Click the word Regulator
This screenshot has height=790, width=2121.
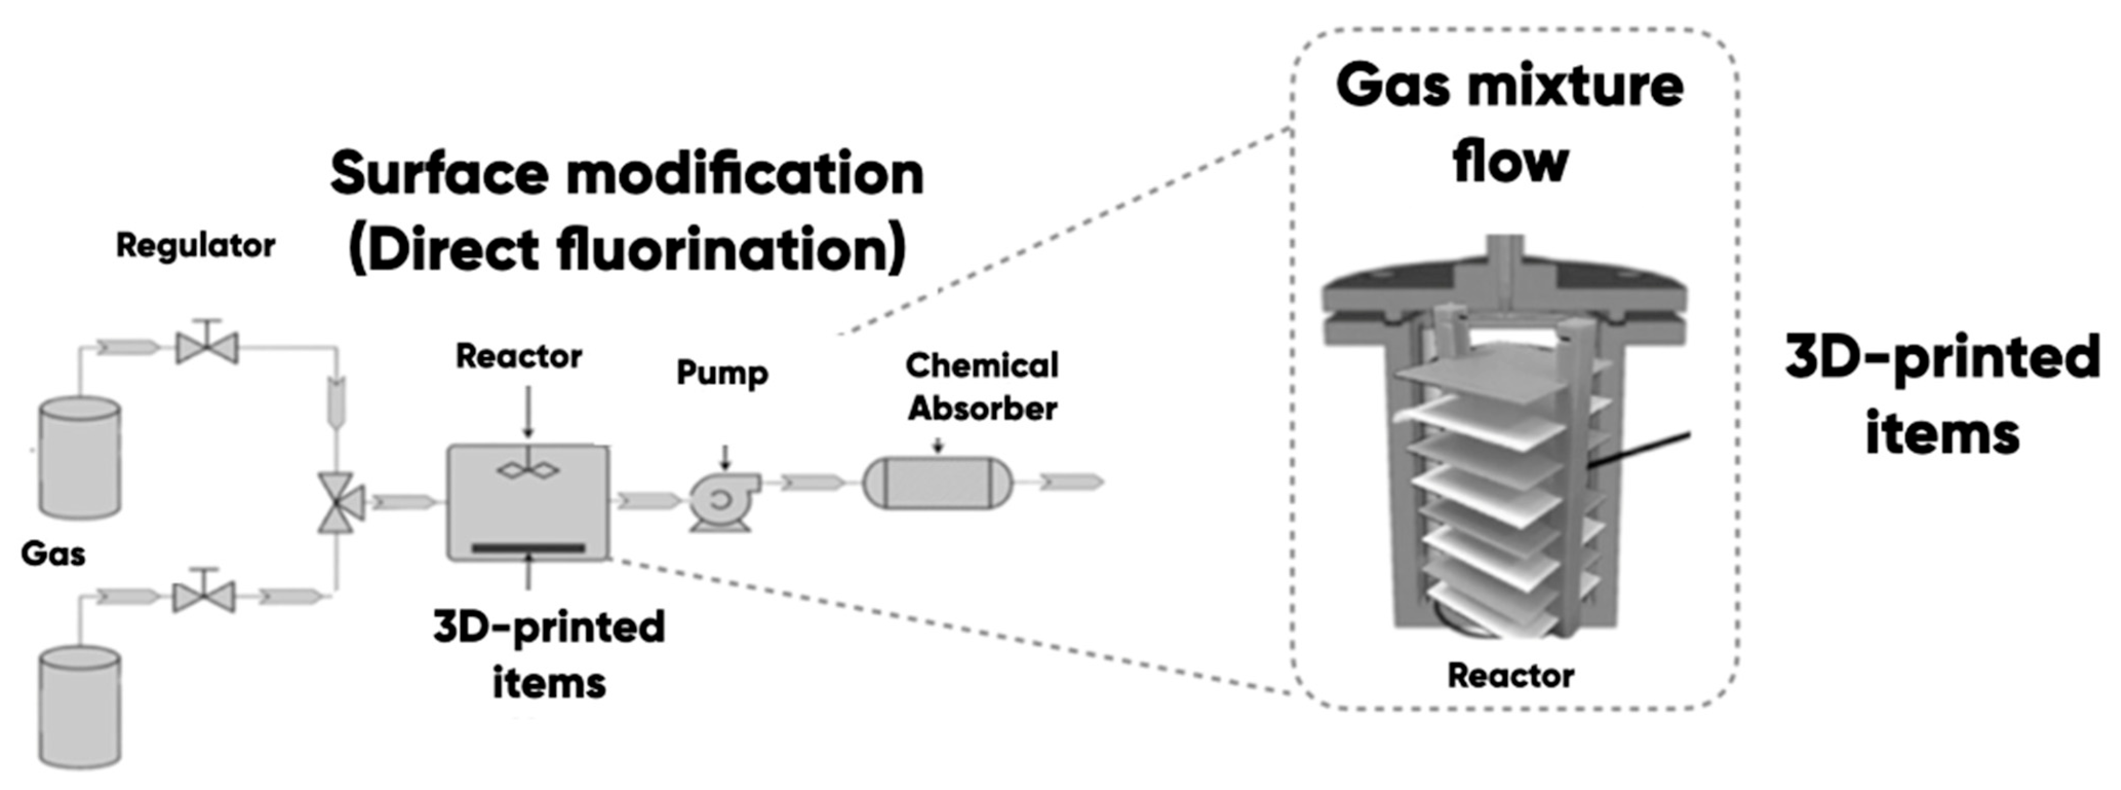point(195,245)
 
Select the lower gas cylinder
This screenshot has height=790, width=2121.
point(80,707)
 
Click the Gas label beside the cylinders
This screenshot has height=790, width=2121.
point(53,553)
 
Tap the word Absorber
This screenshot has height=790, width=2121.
point(982,409)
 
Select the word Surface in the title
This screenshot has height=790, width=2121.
point(439,174)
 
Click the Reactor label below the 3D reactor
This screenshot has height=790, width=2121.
point(1511,677)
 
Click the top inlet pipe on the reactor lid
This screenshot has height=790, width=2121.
point(1505,258)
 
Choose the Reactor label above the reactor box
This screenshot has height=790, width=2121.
point(519,357)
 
